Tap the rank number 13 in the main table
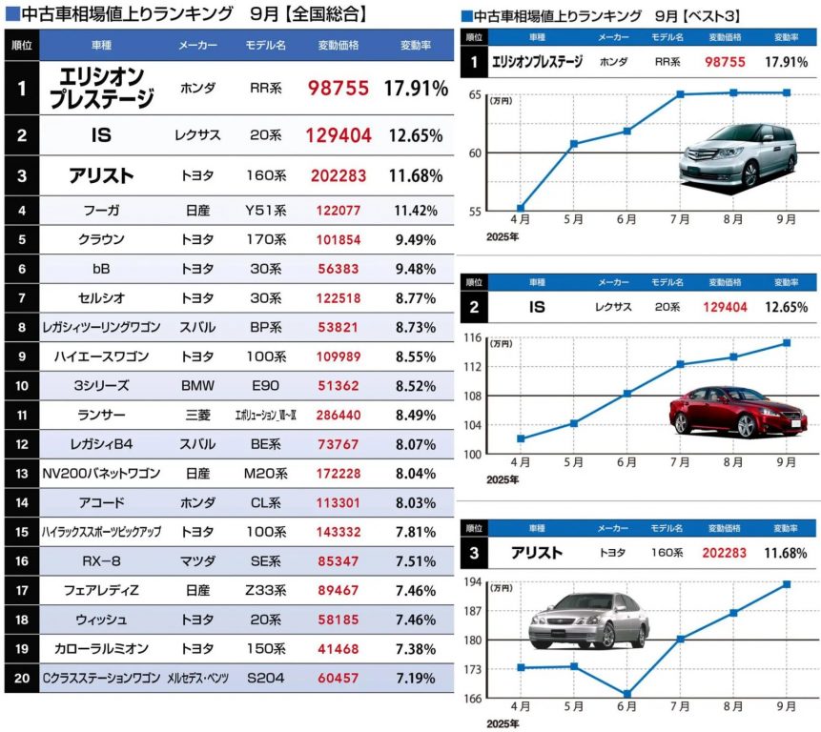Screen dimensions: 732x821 click(21, 473)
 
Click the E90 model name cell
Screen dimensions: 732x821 click(267, 386)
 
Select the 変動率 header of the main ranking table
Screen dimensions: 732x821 click(416, 46)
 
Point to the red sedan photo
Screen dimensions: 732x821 click(737, 410)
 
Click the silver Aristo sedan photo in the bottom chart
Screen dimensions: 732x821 click(588, 619)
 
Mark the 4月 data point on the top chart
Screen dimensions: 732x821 click(520, 208)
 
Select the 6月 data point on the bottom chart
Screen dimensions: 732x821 click(626, 694)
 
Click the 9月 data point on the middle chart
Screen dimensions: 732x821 click(787, 342)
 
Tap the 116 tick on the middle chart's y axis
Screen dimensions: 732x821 click(473, 337)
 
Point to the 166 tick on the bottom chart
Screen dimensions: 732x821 click(473, 699)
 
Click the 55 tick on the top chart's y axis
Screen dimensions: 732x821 click(476, 210)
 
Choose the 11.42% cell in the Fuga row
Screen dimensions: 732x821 click(416, 211)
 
